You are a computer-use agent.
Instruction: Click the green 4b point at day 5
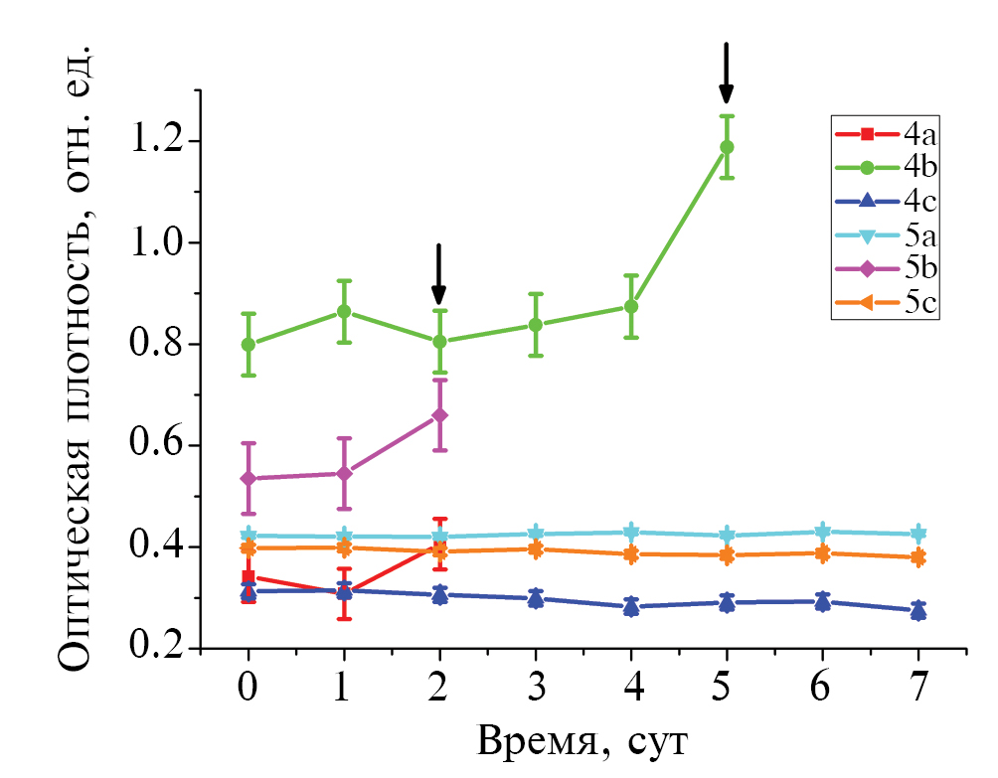pos(727,147)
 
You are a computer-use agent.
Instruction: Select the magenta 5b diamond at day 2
pos(439,415)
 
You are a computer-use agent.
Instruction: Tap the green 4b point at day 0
pos(249,344)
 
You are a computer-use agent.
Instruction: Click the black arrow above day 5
pos(727,73)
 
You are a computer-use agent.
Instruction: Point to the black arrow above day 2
pos(438,274)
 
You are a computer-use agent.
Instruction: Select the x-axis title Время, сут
pos(582,740)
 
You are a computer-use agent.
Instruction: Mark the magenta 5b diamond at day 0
pos(249,478)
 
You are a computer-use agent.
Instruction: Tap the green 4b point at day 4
pos(631,306)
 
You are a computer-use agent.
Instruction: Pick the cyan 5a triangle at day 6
pos(823,533)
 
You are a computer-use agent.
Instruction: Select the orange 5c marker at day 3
pos(536,548)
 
